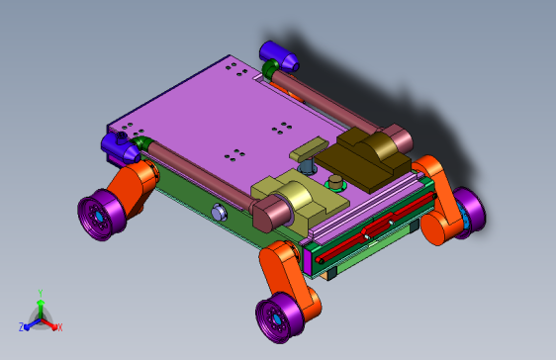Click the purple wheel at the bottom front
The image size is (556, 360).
click(279, 317)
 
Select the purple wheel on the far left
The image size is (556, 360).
click(102, 215)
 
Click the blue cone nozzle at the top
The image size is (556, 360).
click(278, 56)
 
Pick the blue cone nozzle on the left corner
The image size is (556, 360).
click(120, 147)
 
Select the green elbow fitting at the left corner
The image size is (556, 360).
click(141, 142)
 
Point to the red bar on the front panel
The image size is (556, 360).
click(376, 228)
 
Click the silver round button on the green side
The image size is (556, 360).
click(220, 213)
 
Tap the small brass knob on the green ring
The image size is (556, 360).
click(335, 183)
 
